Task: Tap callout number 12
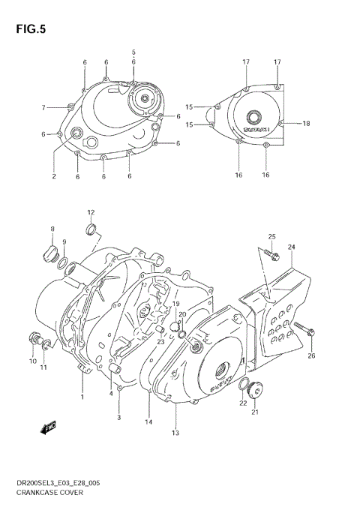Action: [91, 212]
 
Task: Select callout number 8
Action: [52, 229]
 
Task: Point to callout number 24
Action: [291, 247]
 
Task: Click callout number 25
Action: [272, 237]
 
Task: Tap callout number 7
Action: [43, 107]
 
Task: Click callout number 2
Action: [54, 177]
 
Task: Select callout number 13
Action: [175, 433]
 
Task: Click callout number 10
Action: [32, 361]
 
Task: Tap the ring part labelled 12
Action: [91, 228]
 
